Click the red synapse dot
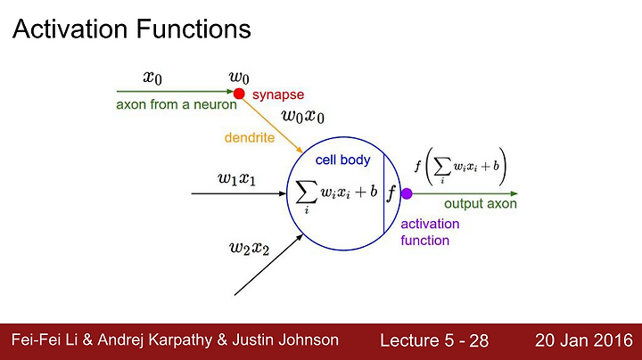click(x=239, y=94)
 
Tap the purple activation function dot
click(x=407, y=193)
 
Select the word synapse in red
click(x=278, y=95)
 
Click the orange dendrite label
click(x=250, y=137)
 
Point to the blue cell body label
click(x=342, y=160)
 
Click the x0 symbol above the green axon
click(x=152, y=77)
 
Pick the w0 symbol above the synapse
click(x=239, y=77)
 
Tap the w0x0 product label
click(x=303, y=116)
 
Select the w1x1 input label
click(x=236, y=179)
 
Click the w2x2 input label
click(x=249, y=248)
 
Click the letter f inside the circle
click(x=391, y=192)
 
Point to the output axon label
click(x=481, y=203)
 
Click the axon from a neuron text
click(x=177, y=105)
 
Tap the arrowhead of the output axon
click(x=514, y=193)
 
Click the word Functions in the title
click(x=193, y=29)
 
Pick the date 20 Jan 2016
click(x=584, y=340)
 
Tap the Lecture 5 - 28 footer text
click(x=434, y=340)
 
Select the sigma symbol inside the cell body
click(x=307, y=192)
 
